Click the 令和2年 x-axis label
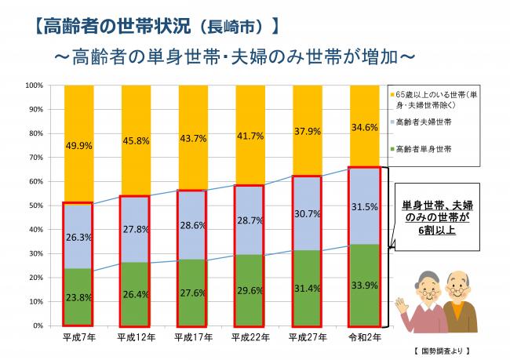pyautogui.click(x=365, y=336)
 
